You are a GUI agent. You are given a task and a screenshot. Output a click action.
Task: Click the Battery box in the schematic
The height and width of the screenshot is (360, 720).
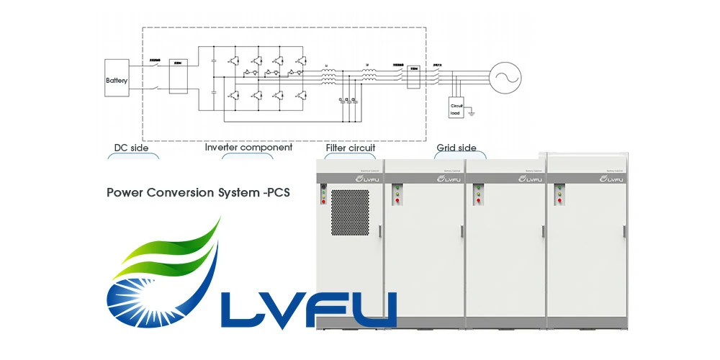pos(117,80)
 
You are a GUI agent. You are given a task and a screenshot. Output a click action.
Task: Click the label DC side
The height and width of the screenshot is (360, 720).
pos(132,148)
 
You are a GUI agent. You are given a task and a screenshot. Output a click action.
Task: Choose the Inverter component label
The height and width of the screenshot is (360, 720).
pos(248,148)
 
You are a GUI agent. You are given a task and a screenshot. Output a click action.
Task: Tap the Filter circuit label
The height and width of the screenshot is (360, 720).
pos(351,148)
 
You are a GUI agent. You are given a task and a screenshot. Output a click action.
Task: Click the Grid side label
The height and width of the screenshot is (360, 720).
pos(456,148)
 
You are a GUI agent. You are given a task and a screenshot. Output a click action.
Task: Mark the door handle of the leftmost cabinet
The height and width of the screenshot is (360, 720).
pos(379,229)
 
